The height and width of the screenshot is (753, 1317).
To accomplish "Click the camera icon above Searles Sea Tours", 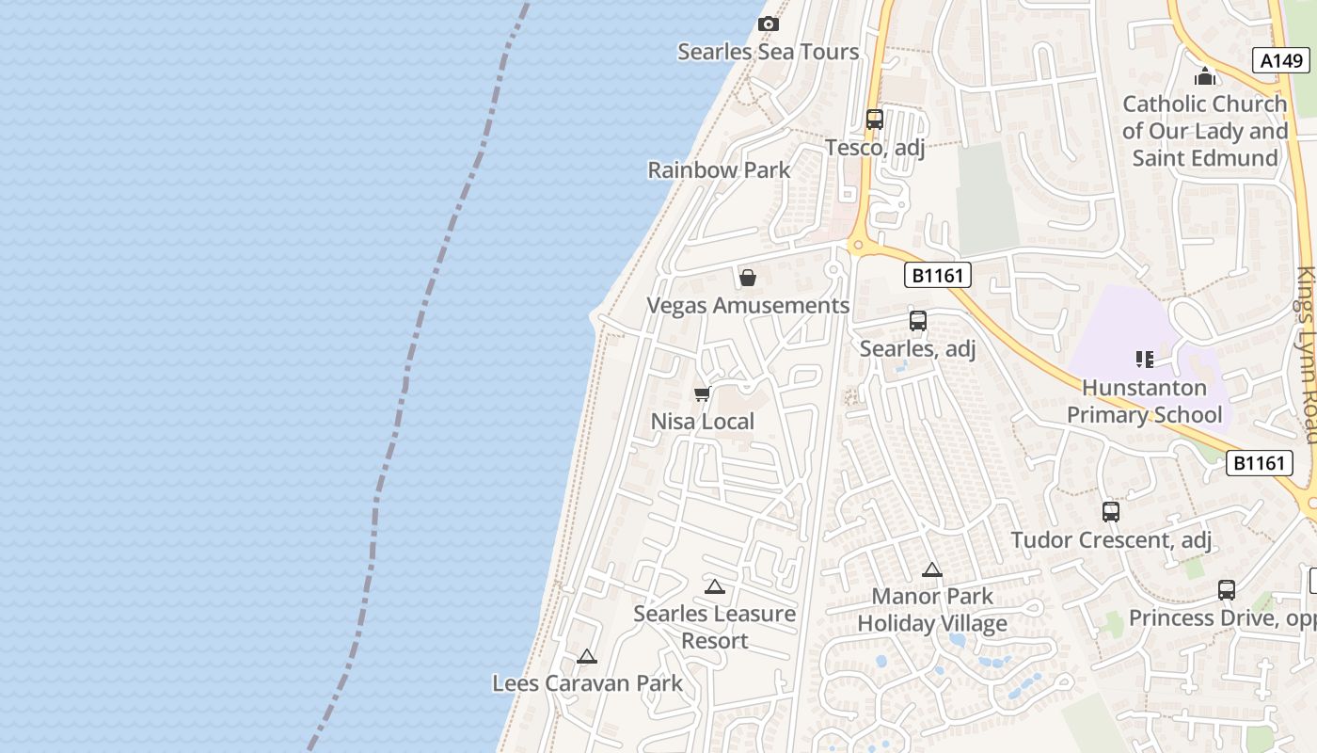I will [769, 24].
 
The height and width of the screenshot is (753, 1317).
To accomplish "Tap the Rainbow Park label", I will [719, 170].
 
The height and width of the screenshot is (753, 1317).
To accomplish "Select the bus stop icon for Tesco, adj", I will [875, 120].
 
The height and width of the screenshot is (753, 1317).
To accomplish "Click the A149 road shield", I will [1281, 60].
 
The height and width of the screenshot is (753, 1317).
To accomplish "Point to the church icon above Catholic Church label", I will [1204, 76].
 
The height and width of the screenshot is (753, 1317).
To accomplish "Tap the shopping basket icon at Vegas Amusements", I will [748, 278].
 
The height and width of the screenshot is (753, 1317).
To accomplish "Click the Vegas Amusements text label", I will [748, 306].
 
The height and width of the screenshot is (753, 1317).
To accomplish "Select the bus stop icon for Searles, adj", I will [918, 321].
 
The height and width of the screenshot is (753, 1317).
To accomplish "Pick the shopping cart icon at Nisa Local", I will [702, 394].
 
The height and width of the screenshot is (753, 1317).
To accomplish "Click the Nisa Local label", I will [703, 422].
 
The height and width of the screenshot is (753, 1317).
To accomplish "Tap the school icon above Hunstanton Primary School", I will [1144, 359].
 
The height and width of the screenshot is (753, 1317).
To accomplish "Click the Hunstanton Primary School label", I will [1144, 401].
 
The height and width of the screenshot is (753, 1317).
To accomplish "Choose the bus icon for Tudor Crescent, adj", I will [1111, 512].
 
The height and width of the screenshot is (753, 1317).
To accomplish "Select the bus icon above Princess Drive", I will [1227, 590].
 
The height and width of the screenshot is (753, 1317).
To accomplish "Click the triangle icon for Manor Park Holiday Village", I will [932, 569].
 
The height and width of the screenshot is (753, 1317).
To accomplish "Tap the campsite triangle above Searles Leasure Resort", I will [715, 587].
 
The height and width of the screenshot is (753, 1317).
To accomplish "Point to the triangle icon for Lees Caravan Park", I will [587, 656].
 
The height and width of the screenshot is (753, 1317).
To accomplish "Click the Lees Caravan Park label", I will [588, 683].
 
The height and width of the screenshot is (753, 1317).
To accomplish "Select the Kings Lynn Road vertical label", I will [1307, 355].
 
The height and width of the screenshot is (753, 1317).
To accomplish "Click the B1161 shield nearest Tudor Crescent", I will [1258, 463].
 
